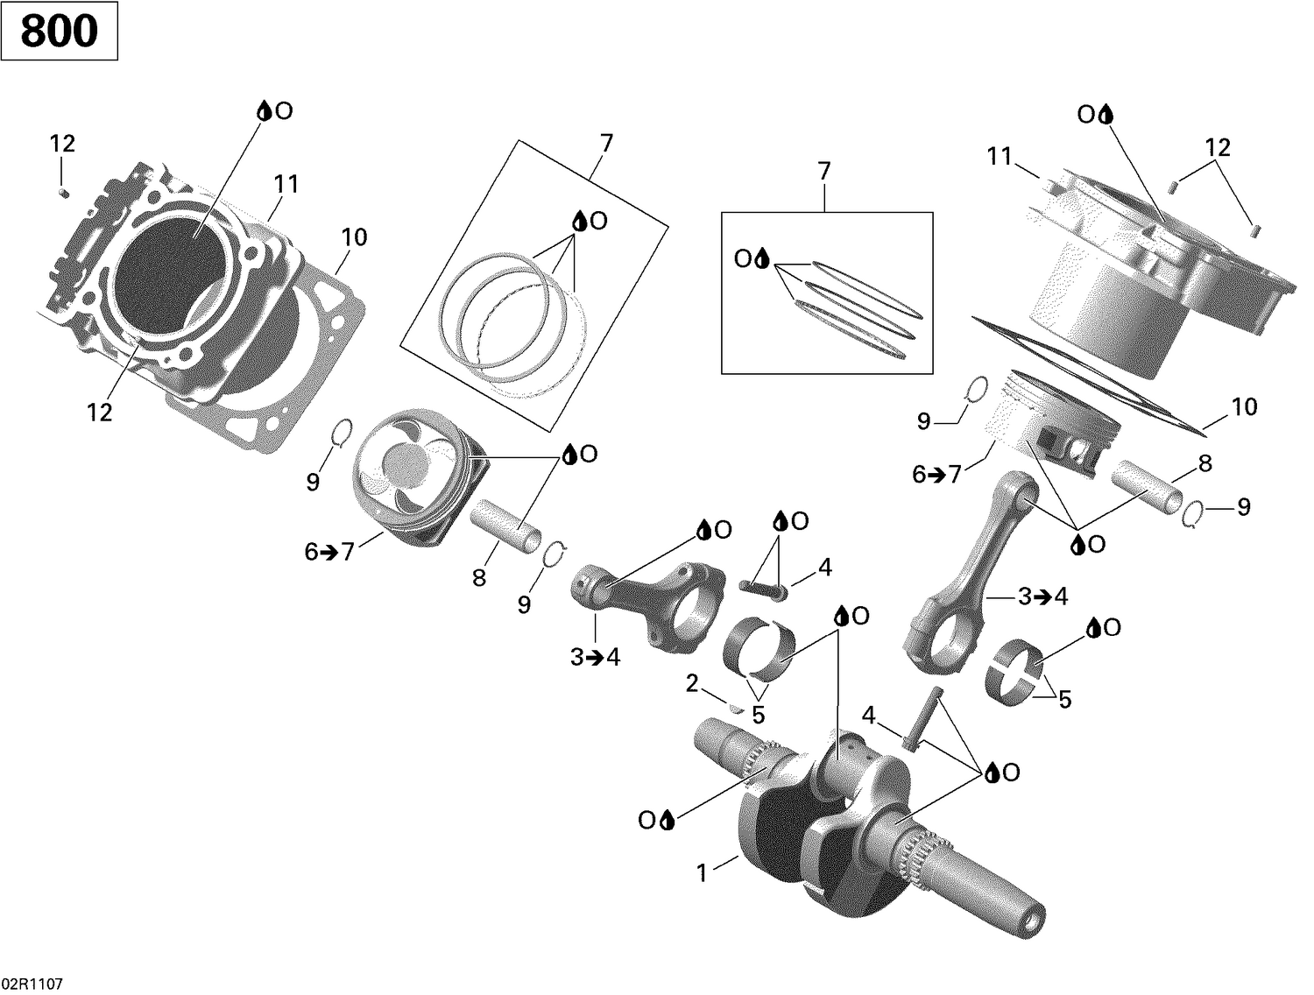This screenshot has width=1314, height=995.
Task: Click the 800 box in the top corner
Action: pyautogui.click(x=59, y=32)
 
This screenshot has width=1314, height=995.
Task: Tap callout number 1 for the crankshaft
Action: pyautogui.click(x=701, y=873)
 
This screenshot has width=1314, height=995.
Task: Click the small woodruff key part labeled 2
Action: pyautogui.click(x=736, y=707)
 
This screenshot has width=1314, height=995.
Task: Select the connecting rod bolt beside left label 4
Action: pyautogui.click(x=764, y=588)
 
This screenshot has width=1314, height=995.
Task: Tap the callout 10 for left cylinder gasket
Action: pyautogui.click(x=354, y=237)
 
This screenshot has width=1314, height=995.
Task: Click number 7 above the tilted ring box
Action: pyautogui.click(x=606, y=143)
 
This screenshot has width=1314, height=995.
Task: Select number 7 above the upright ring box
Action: pyautogui.click(x=823, y=172)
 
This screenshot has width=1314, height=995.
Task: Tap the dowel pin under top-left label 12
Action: pyautogui.click(x=63, y=191)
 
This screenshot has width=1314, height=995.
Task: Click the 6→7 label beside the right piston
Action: pyautogui.click(x=936, y=475)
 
